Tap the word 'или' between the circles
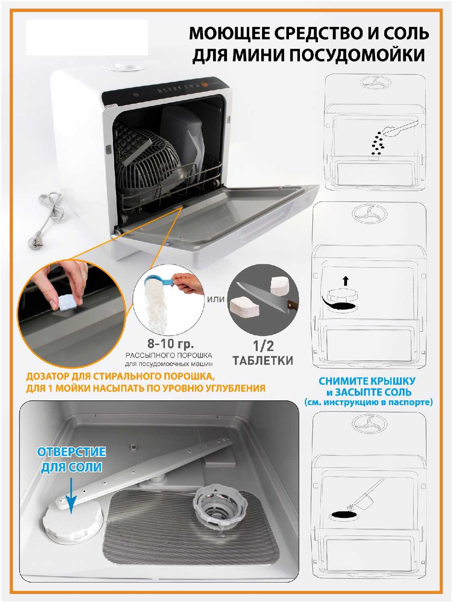[216, 299]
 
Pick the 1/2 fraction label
[263, 346]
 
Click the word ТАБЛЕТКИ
[263, 361]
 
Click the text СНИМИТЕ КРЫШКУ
[367, 381]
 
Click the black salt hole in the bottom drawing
[343, 514]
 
